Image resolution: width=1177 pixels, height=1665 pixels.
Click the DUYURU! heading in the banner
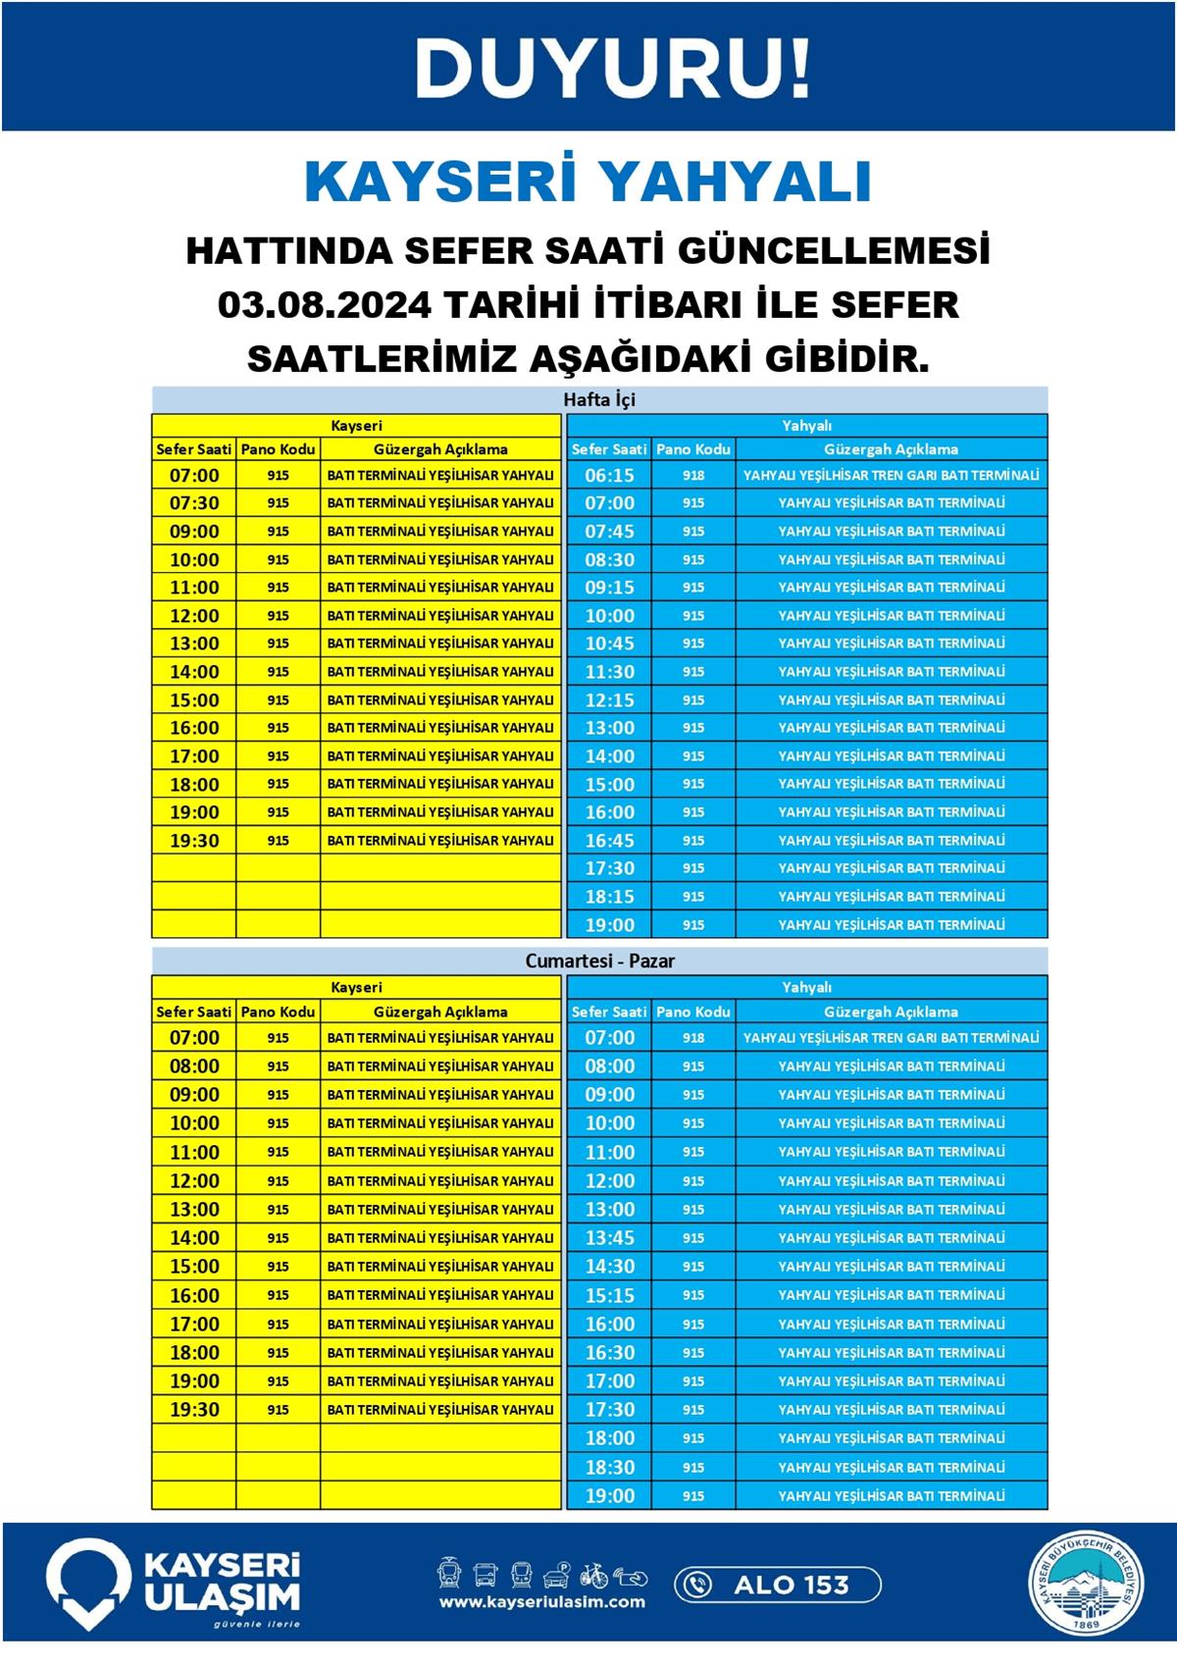(x=613, y=69)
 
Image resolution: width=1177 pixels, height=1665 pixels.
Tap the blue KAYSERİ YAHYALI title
(x=588, y=182)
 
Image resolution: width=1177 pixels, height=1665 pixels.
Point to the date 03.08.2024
(x=324, y=305)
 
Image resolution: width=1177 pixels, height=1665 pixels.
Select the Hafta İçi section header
(x=599, y=399)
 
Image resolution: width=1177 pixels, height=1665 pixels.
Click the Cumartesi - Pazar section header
(x=599, y=961)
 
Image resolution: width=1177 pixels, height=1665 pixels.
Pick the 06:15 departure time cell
(x=609, y=475)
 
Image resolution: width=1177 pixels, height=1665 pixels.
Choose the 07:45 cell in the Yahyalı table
(x=609, y=531)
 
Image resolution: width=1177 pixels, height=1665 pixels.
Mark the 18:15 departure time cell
(x=609, y=897)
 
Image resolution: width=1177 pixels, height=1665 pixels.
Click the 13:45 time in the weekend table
(x=609, y=1237)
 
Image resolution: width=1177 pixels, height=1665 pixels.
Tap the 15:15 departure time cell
(x=609, y=1295)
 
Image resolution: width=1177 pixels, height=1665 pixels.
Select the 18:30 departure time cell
(x=609, y=1467)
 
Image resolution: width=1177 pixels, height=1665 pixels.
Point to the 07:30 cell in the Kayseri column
(x=194, y=502)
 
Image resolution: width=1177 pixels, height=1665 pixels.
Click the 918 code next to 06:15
(x=693, y=475)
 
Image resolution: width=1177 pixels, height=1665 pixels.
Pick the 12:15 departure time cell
(x=609, y=700)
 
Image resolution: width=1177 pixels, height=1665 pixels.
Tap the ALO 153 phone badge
(x=777, y=1584)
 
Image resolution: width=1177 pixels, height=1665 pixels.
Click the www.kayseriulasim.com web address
(x=541, y=1602)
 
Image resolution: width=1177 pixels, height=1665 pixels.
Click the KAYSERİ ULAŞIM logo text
(x=222, y=1583)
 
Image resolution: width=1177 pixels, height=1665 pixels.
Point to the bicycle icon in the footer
(x=593, y=1575)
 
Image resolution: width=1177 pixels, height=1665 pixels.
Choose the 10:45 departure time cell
(x=609, y=644)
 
